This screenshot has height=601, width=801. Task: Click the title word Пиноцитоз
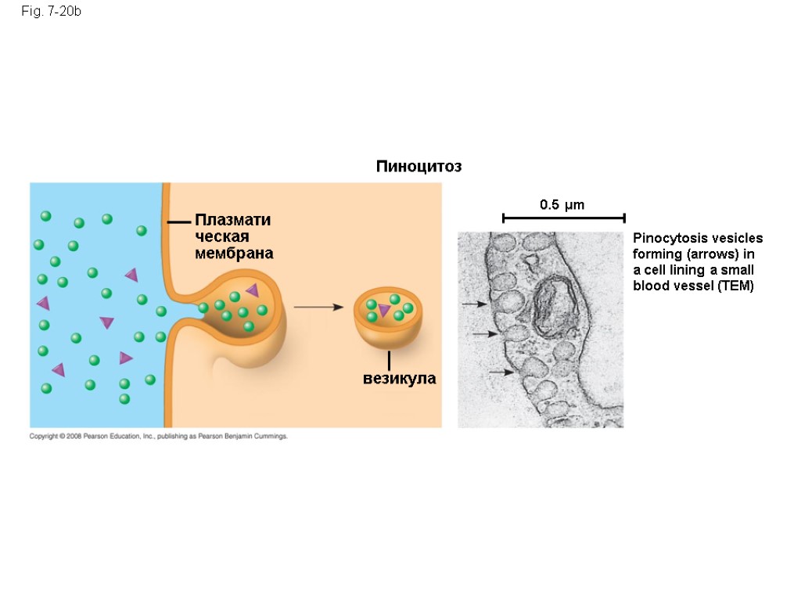tap(418, 167)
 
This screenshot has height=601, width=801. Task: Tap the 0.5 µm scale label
tap(562, 205)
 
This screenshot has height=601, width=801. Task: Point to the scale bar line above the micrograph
tap(563, 218)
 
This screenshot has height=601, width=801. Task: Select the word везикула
tap(399, 380)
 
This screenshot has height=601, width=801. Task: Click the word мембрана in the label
tap(234, 254)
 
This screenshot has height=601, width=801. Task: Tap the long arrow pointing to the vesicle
tap(318, 308)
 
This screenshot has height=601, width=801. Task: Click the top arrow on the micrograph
tap(474, 304)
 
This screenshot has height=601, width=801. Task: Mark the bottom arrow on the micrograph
tap(501, 372)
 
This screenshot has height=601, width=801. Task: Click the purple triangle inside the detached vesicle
tap(384, 311)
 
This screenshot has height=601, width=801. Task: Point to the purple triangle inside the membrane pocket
tap(252, 290)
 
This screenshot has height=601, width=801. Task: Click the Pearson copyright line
tap(159, 437)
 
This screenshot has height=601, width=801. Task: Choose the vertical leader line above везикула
tap(389, 362)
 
